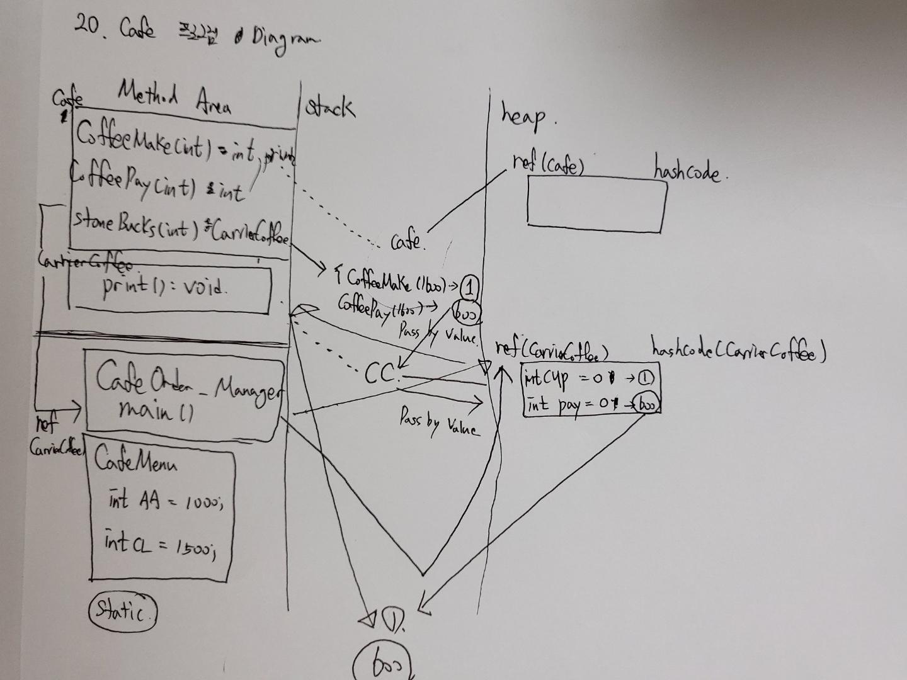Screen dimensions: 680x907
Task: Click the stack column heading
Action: (329, 108)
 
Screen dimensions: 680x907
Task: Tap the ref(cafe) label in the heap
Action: (548, 165)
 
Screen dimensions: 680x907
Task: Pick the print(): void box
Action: (170, 288)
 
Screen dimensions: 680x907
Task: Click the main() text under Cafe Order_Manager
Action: (155, 412)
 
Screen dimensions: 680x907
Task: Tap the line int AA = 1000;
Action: (164, 502)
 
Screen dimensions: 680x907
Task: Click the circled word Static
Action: (123, 609)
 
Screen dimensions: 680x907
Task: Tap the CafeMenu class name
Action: (135, 461)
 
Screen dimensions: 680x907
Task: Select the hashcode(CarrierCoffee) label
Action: (737, 351)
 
